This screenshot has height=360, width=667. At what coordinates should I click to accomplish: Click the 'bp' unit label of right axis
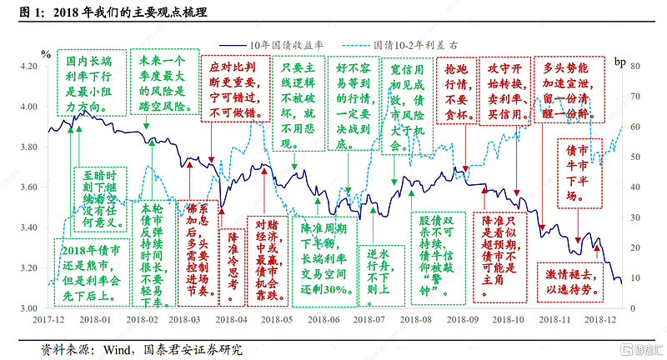(619, 61)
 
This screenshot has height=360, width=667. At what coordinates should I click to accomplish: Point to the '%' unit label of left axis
(46, 55)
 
